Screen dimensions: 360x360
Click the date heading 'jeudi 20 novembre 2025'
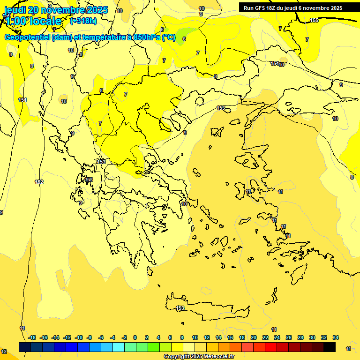tap(56, 10)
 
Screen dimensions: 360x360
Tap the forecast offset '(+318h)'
tap(83, 21)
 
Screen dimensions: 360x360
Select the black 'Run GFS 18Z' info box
tap(293, 8)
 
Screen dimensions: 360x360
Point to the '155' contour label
tap(314, 20)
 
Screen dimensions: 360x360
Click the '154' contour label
tap(275, 63)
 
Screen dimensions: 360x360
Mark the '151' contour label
tap(22, 100)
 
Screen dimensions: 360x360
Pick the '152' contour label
tap(39, 182)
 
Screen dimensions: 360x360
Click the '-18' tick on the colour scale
tap(32, 337)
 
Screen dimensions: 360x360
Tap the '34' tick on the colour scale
tap(336, 337)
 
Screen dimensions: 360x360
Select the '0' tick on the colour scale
tap(135, 337)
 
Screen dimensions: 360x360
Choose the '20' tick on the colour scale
tap(254, 337)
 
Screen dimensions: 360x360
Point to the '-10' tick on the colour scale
tap(79, 337)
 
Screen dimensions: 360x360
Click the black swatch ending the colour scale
tap(330, 347)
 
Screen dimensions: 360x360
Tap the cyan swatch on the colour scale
tap(119, 347)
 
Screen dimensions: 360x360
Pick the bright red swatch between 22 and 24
tap(271, 347)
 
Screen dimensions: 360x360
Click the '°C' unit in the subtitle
tap(169, 37)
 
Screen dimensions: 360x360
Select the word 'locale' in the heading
tap(45, 21)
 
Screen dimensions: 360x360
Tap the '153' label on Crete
tap(180, 308)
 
